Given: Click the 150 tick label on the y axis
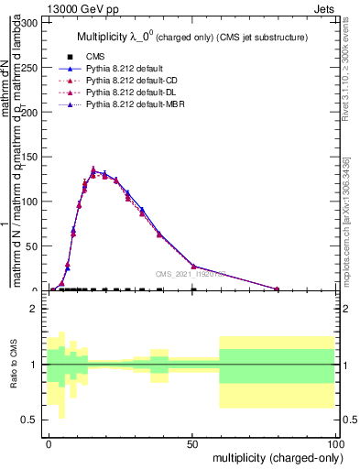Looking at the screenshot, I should [33, 157].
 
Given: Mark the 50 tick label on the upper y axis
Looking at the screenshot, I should [36, 245].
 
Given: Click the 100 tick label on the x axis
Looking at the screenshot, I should [334, 443].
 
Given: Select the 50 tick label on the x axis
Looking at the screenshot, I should [192, 443].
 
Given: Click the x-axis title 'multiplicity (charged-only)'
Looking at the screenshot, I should [274, 457].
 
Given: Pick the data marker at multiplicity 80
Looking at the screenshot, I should [277, 289].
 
